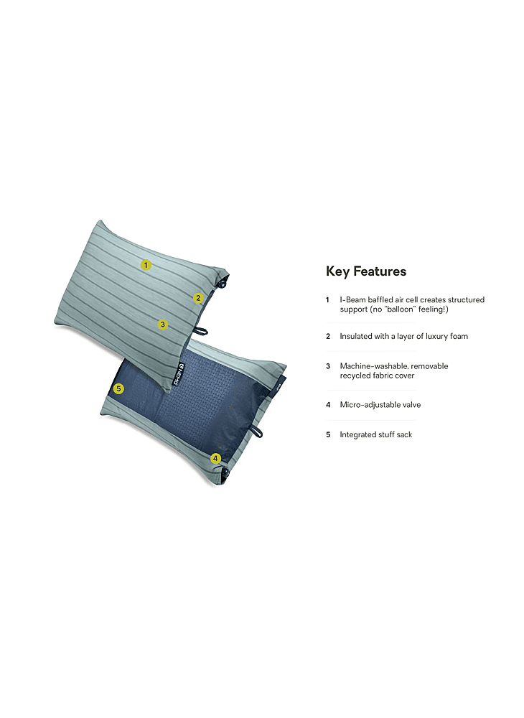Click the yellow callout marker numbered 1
point(146,265)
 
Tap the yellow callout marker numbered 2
point(198,298)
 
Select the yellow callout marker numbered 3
point(162,325)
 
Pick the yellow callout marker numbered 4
point(215,458)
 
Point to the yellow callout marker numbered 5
point(118,388)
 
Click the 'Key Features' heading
point(366,271)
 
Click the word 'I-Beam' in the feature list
point(353,300)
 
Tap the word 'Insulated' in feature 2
point(355,337)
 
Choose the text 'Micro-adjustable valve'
point(380,405)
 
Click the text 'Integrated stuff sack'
point(376,434)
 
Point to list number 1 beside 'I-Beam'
point(327,300)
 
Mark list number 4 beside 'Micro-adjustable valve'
point(328,405)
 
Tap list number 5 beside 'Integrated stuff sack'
point(328,434)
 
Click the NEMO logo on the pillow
point(179,374)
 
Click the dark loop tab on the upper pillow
point(200,330)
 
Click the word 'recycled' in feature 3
point(355,376)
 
